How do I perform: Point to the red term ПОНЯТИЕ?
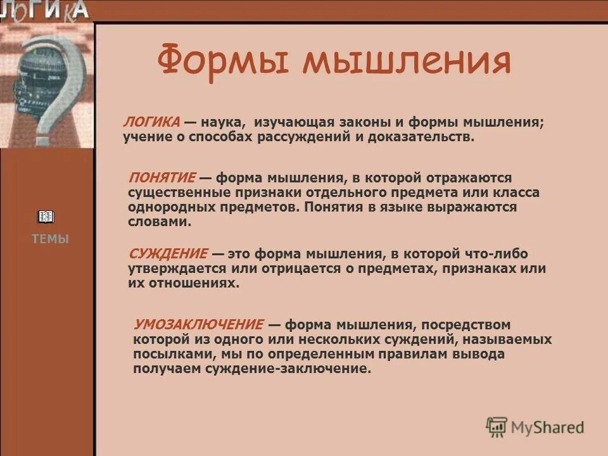click(161, 178)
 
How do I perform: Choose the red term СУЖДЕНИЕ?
click(168, 254)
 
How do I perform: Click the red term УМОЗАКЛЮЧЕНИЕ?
click(198, 325)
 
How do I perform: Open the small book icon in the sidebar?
click(46, 217)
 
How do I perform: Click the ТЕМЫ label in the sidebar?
click(50, 239)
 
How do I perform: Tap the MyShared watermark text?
click(547, 427)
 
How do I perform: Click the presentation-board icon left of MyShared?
click(497, 426)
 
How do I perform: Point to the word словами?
click(158, 222)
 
